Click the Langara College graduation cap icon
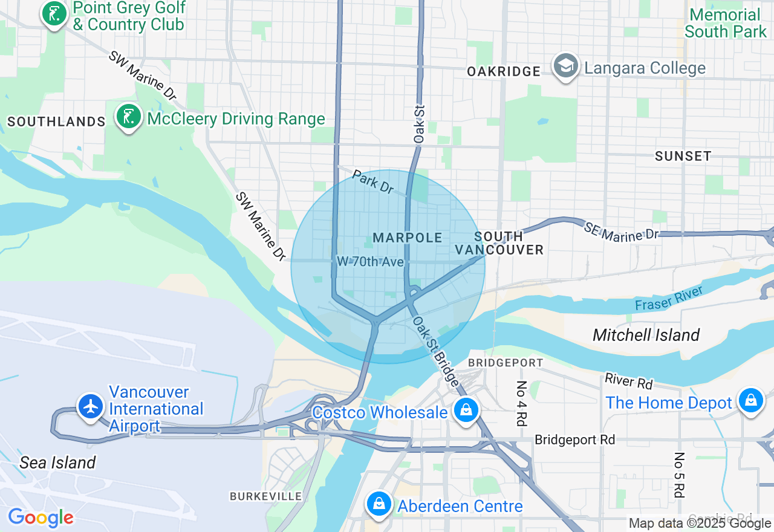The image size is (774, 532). click(565, 66)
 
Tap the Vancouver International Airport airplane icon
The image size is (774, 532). click(91, 406)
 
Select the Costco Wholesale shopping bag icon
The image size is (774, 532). click(466, 411)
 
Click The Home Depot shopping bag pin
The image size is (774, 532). click(750, 401)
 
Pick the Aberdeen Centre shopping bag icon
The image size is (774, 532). click(379, 504)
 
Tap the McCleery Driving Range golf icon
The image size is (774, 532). click(128, 117)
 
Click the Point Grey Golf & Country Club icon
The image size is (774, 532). click(54, 13)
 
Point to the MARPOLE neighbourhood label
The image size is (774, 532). click(408, 238)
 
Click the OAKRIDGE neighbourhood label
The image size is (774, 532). click(504, 71)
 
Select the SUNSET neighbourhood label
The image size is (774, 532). click(683, 156)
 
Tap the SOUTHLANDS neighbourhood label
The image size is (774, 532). click(56, 122)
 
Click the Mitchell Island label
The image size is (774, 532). click(646, 335)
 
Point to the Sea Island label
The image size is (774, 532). click(57, 462)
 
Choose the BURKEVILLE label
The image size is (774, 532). click(265, 496)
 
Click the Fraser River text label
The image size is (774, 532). click(668, 299)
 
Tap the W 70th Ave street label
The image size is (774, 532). click(369, 262)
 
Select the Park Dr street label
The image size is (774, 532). click(372, 182)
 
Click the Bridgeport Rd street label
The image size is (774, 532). click(574, 440)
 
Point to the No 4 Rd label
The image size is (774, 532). click(522, 404)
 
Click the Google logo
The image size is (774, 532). click(41, 517)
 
